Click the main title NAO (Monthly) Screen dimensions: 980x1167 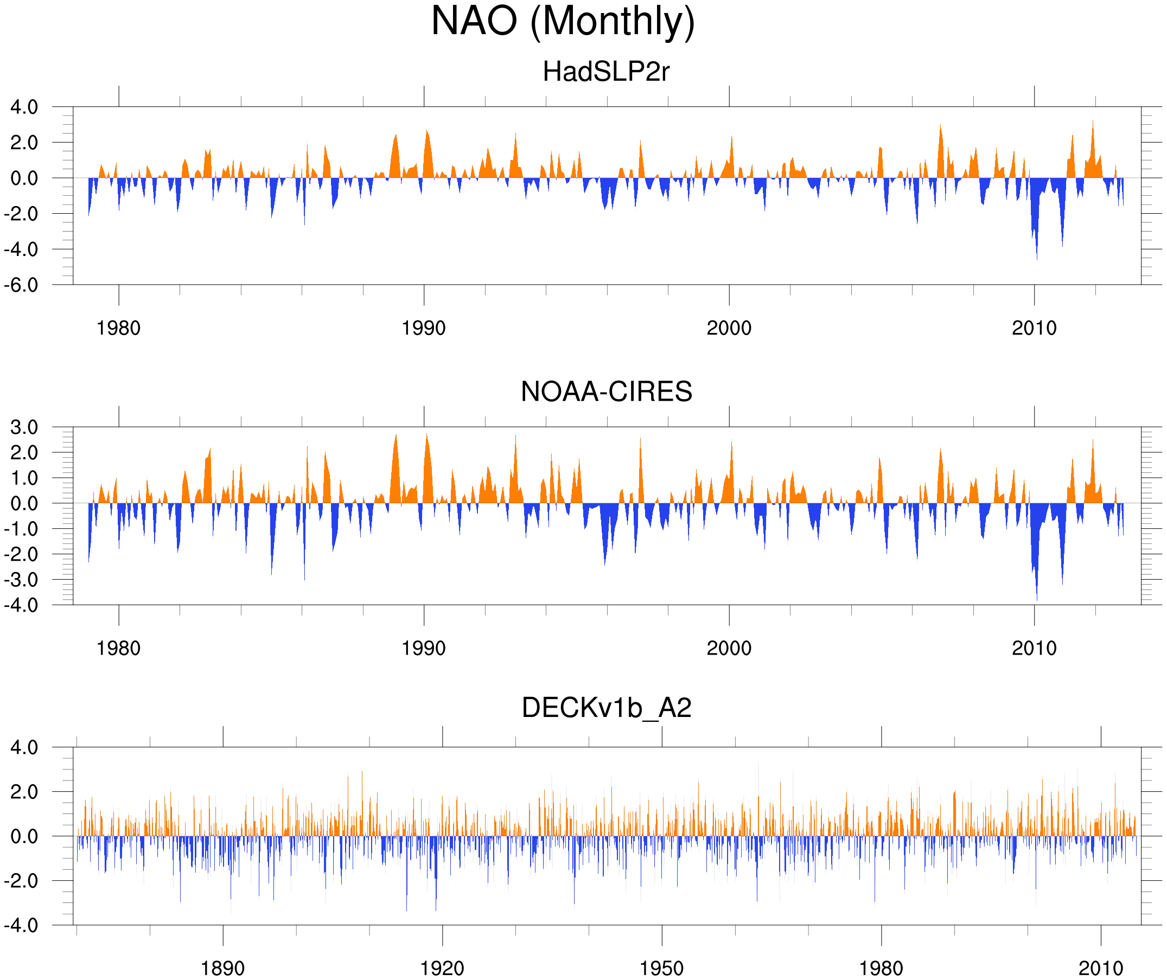click(563, 22)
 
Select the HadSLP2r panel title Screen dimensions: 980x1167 click(605, 72)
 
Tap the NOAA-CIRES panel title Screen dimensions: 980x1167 click(605, 392)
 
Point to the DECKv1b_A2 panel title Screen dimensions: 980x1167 click(605, 708)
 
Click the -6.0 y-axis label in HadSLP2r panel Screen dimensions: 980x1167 click(21, 285)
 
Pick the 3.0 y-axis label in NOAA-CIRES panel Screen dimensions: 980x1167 click(24, 428)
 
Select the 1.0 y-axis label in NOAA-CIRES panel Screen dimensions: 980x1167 click(24, 478)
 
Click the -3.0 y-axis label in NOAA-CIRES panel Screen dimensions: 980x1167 click(21, 580)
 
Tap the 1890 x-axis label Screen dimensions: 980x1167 click(222, 969)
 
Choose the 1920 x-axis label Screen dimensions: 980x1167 click(442, 969)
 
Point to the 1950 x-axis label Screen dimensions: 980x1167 click(661, 969)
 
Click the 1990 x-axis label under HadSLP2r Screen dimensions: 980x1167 click(424, 328)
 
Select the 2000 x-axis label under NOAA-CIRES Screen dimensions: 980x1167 click(729, 648)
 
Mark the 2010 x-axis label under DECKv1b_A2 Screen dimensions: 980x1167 click(1100, 969)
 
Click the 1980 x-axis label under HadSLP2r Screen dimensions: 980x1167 click(118, 328)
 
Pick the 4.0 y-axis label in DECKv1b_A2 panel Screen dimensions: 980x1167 click(24, 748)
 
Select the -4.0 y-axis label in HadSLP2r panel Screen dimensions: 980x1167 click(21, 249)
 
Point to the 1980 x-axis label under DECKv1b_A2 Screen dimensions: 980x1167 click(881, 969)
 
